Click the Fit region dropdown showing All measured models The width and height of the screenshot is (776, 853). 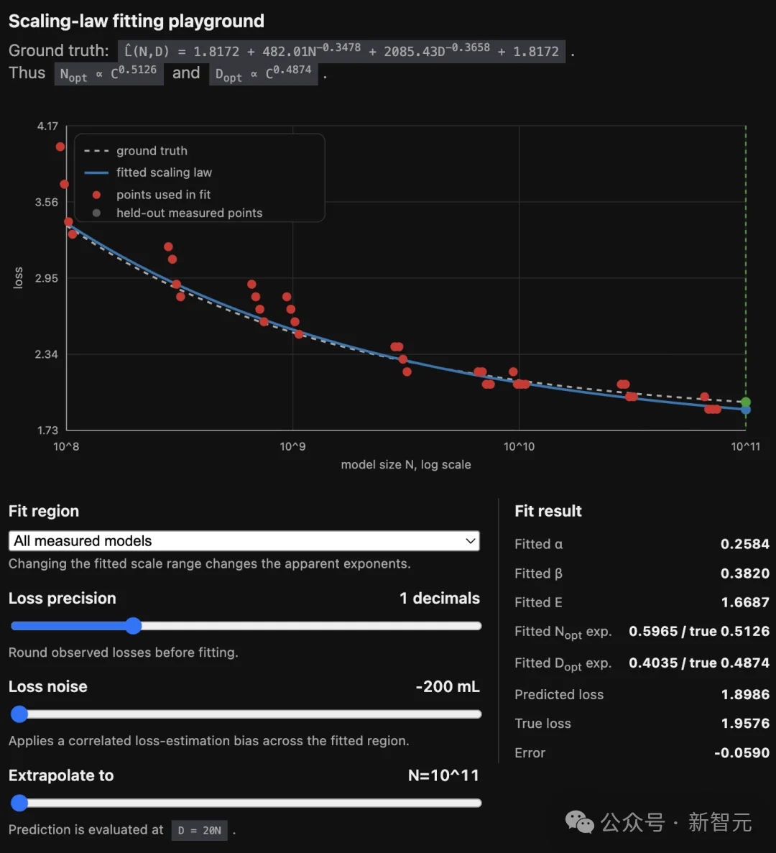244,540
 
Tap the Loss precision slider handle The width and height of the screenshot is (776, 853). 133,626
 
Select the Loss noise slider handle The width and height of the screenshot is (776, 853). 19,714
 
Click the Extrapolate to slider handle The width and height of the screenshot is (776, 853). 19,803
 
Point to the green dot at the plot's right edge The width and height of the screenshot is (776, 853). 746,402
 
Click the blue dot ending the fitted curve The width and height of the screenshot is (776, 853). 746,410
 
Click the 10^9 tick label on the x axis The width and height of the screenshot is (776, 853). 292,447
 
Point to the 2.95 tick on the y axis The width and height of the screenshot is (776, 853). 46,278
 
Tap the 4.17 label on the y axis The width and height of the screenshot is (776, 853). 47,126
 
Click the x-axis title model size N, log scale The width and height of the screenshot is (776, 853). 406,464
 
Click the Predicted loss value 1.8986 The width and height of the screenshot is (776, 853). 745,694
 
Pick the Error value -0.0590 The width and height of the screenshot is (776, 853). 742,752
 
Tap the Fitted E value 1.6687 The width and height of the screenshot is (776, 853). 745,602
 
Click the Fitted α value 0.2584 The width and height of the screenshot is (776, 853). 745,544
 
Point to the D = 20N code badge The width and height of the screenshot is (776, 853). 200,830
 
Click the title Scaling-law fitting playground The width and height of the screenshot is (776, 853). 137,22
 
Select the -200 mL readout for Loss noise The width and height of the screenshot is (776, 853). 448,686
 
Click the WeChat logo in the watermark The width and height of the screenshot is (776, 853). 580,821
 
